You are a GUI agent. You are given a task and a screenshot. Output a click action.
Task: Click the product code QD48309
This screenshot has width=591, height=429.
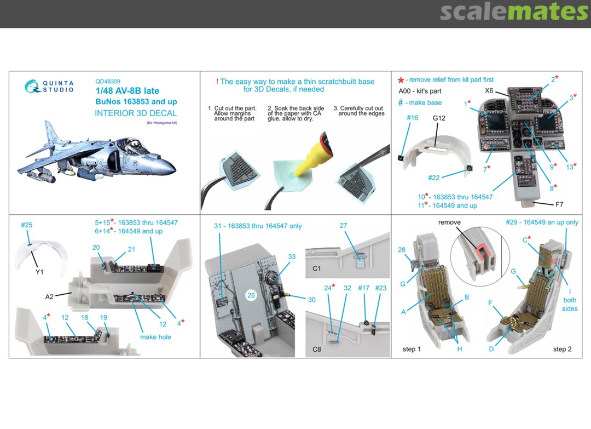tap(108, 81)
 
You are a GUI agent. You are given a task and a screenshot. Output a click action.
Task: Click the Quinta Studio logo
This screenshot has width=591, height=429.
tap(49, 87)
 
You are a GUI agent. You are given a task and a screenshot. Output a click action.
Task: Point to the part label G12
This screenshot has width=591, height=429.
tap(439, 118)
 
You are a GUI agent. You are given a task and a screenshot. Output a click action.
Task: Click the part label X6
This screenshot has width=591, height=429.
tap(489, 90)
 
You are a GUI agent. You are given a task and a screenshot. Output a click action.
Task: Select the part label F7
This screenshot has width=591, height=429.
tap(559, 204)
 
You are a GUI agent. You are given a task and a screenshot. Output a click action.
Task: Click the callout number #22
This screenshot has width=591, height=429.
tap(434, 178)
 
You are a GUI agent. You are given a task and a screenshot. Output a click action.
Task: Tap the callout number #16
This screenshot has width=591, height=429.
tap(413, 118)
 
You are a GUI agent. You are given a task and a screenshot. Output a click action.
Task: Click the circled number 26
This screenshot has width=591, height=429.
tap(251, 295)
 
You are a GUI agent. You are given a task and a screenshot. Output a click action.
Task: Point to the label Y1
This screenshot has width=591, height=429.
tap(39, 272)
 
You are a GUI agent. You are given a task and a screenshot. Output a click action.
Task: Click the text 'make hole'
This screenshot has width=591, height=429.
tap(155, 337)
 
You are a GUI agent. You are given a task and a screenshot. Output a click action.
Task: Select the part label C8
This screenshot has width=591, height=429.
tap(317, 350)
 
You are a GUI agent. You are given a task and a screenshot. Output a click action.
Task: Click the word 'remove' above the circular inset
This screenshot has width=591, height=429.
tap(449, 222)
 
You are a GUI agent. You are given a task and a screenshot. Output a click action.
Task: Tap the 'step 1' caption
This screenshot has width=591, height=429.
tap(412, 349)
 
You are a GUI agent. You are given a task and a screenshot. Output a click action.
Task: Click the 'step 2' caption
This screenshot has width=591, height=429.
tap(563, 349)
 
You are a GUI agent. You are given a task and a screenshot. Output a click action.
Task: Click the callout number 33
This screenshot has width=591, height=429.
tap(292, 256)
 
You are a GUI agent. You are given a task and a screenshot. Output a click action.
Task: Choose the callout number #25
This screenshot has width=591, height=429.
tap(26, 225)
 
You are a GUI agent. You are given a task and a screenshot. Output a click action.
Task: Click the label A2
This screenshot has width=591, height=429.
tap(49, 296)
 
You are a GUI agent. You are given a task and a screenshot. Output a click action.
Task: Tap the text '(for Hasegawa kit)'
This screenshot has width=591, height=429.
tap(162, 123)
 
